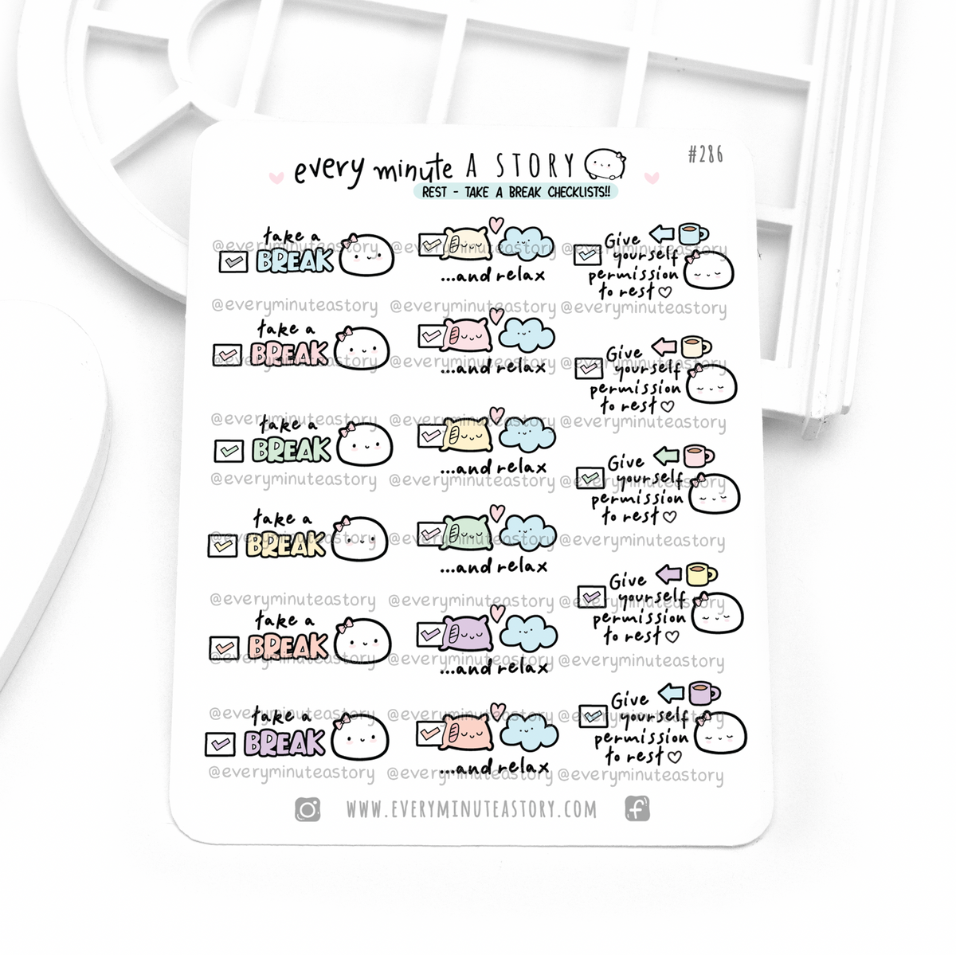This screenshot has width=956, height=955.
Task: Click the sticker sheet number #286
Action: (705, 155)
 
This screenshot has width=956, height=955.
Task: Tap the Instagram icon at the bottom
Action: (308, 809)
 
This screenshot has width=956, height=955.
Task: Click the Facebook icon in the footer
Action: (637, 808)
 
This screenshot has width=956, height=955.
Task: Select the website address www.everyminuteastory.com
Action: (472, 809)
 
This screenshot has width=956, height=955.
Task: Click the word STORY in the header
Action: (535, 165)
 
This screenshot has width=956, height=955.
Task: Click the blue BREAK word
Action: (295, 260)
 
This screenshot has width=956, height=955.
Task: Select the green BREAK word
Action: (292, 450)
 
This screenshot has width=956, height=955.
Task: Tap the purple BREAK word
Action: (284, 742)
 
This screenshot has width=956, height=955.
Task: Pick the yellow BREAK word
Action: (286, 545)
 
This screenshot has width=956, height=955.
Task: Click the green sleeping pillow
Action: (466, 532)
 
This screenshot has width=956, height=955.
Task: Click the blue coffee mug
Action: (692, 233)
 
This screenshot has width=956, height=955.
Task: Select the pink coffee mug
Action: (698, 456)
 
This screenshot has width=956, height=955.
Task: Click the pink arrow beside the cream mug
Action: (664, 346)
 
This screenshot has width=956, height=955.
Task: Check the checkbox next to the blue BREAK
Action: (233, 261)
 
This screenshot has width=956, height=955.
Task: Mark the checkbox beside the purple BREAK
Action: (220, 744)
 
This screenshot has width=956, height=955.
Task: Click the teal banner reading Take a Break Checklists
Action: (516, 191)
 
